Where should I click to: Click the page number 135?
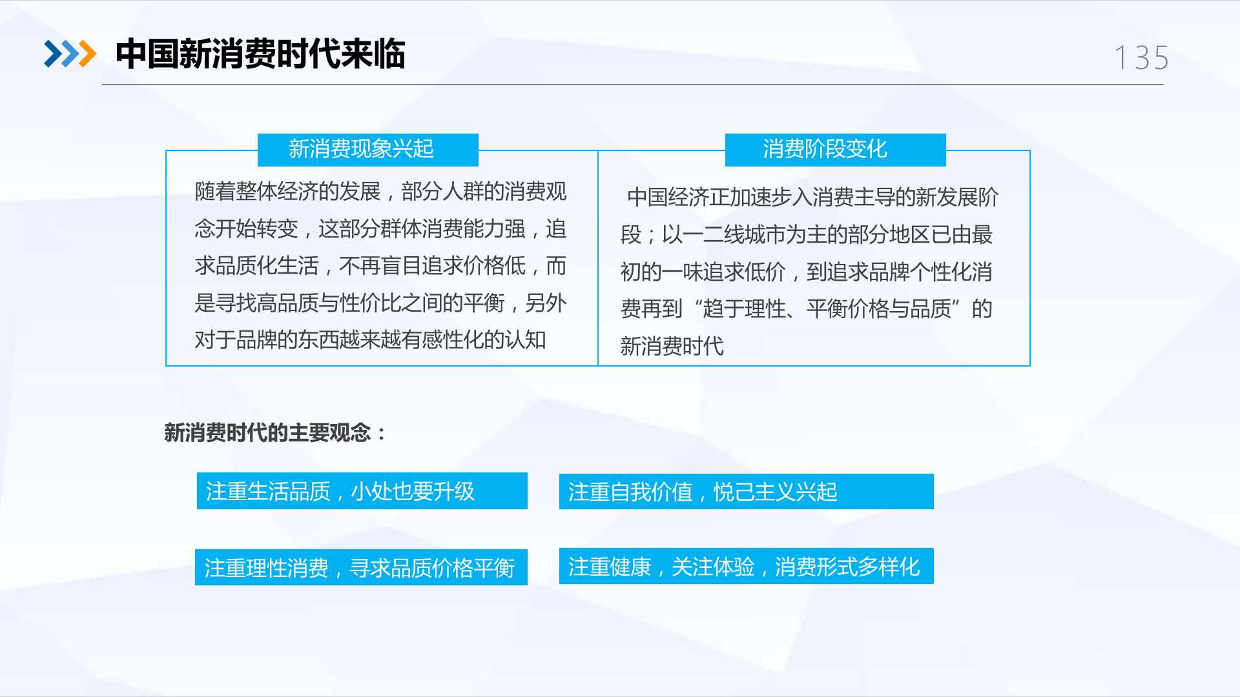point(1142,58)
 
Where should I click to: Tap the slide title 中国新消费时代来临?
point(260,54)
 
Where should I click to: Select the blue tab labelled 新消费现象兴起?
point(368,150)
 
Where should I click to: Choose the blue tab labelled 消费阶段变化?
point(836,150)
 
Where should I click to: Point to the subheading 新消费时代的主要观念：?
point(275,432)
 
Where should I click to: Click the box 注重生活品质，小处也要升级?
point(362,491)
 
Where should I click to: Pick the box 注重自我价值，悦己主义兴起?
point(747,492)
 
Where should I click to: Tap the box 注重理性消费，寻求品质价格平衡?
point(361,567)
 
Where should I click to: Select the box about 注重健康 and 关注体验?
point(747,566)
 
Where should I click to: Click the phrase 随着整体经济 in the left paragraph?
point(256,192)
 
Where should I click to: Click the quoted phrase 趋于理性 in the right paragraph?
point(744,309)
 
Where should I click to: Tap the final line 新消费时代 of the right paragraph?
point(672,347)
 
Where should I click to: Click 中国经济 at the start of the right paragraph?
point(668,197)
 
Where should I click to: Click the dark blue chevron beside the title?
point(53,54)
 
